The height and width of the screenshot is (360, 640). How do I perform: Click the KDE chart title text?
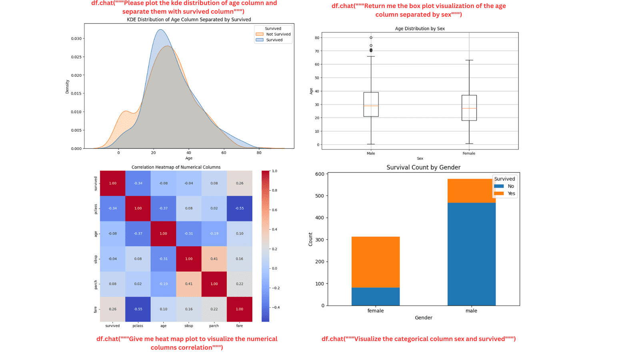tap(189, 20)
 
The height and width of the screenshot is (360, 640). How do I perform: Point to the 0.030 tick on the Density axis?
tap(76, 39)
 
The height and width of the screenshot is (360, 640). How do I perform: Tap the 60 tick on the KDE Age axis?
tap(224, 153)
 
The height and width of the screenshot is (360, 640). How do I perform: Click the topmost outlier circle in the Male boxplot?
tap(371, 38)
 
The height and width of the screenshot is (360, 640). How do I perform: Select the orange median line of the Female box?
tap(469, 108)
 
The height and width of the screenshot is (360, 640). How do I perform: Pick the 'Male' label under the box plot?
tap(371, 154)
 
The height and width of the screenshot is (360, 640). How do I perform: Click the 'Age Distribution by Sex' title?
tap(420, 29)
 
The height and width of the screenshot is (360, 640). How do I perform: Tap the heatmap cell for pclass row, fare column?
tap(239, 208)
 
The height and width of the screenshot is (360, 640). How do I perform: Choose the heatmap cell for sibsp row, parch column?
tap(214, 259)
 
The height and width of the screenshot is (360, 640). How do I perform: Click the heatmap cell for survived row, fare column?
tap(239, 183)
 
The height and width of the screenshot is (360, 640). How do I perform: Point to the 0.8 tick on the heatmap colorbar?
tap(274, 190)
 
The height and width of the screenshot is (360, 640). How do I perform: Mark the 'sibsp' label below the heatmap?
tap(188, 326)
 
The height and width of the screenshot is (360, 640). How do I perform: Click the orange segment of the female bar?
tap(375, 262)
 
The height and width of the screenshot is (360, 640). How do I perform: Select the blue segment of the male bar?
tap(471, 254)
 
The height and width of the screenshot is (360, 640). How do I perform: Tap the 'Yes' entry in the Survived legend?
tap(511, 194)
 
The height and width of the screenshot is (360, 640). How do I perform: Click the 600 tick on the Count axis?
tap(320, 174)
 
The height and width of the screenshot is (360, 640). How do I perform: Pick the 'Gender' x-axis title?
tap(423, 318)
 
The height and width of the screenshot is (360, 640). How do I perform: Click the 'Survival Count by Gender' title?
tap(423, 168)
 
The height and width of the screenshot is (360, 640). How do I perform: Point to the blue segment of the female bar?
tap(375, 296)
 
